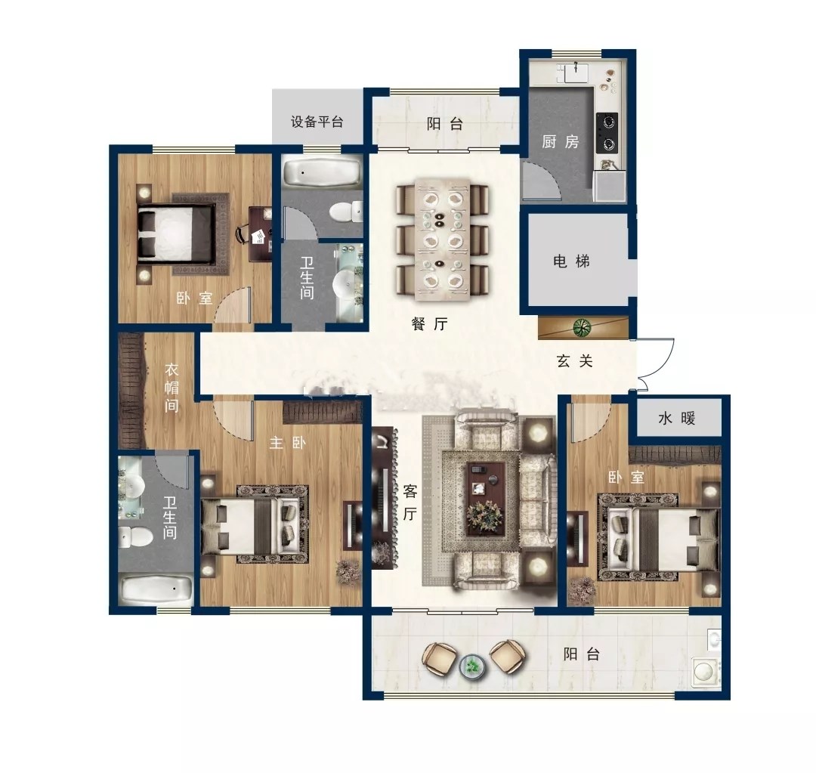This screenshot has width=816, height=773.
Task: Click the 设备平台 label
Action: [317, 122]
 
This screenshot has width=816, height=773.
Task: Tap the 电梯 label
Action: [571, 260]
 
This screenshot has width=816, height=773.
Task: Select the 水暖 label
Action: [676, 418]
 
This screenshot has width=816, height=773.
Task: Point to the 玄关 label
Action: [574, 360]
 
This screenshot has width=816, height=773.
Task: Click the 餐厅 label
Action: [429, 323]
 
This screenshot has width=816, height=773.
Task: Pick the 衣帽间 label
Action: [172, 388]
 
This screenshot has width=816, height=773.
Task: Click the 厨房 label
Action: [560, 141]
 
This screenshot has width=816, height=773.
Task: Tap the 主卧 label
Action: [287, 443]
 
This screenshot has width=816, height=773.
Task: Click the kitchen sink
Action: [576, 73]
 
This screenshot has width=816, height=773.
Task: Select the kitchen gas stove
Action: [607, 132]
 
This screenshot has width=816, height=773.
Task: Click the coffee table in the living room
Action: [486, 498]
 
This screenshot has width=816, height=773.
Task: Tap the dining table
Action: [443, 240]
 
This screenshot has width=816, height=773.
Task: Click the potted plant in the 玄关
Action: [582, 327]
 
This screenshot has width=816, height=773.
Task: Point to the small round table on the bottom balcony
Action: [472, 665]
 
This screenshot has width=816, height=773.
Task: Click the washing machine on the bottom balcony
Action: [706, 671]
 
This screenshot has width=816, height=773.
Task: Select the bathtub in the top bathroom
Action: [322, 172]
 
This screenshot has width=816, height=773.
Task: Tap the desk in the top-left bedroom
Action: [260, 234]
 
